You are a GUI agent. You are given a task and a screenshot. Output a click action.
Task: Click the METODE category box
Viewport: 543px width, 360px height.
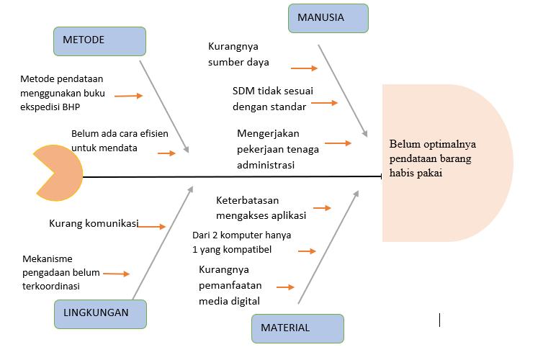click(x=99, y=41)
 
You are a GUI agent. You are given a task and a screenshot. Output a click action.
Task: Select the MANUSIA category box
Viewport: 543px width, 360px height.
click(x=328, y=18)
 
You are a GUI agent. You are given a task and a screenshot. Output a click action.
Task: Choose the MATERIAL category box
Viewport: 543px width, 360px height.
click(x=297, y=328)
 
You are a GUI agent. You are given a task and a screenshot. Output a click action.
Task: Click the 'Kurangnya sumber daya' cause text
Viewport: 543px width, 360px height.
click(x=238, y=54)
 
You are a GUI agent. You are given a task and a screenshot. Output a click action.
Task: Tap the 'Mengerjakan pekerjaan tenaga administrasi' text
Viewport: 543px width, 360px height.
click(x=278, y=149)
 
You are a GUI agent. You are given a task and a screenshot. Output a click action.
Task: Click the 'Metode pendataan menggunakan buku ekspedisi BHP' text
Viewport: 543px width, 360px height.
click(x=63, y=90)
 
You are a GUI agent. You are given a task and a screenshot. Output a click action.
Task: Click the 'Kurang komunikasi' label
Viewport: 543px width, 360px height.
click(x=93, y=223)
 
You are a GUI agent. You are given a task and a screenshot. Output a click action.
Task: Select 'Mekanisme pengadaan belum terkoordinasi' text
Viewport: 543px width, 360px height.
click(x=61, y=272)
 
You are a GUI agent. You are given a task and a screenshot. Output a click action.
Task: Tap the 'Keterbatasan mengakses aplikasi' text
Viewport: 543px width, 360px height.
click(x=261, y=208)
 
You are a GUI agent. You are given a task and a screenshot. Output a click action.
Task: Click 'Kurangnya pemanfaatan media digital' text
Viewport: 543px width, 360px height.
click(x=229, y=285)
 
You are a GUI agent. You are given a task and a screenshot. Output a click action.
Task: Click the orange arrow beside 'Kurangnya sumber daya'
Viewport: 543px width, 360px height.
click(x=304, y=68)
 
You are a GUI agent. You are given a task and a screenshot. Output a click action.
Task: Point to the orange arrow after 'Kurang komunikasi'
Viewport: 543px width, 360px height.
click(x=152, y=227)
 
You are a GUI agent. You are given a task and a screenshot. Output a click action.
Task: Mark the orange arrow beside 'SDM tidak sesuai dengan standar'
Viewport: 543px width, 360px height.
click(x=324, y=103)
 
